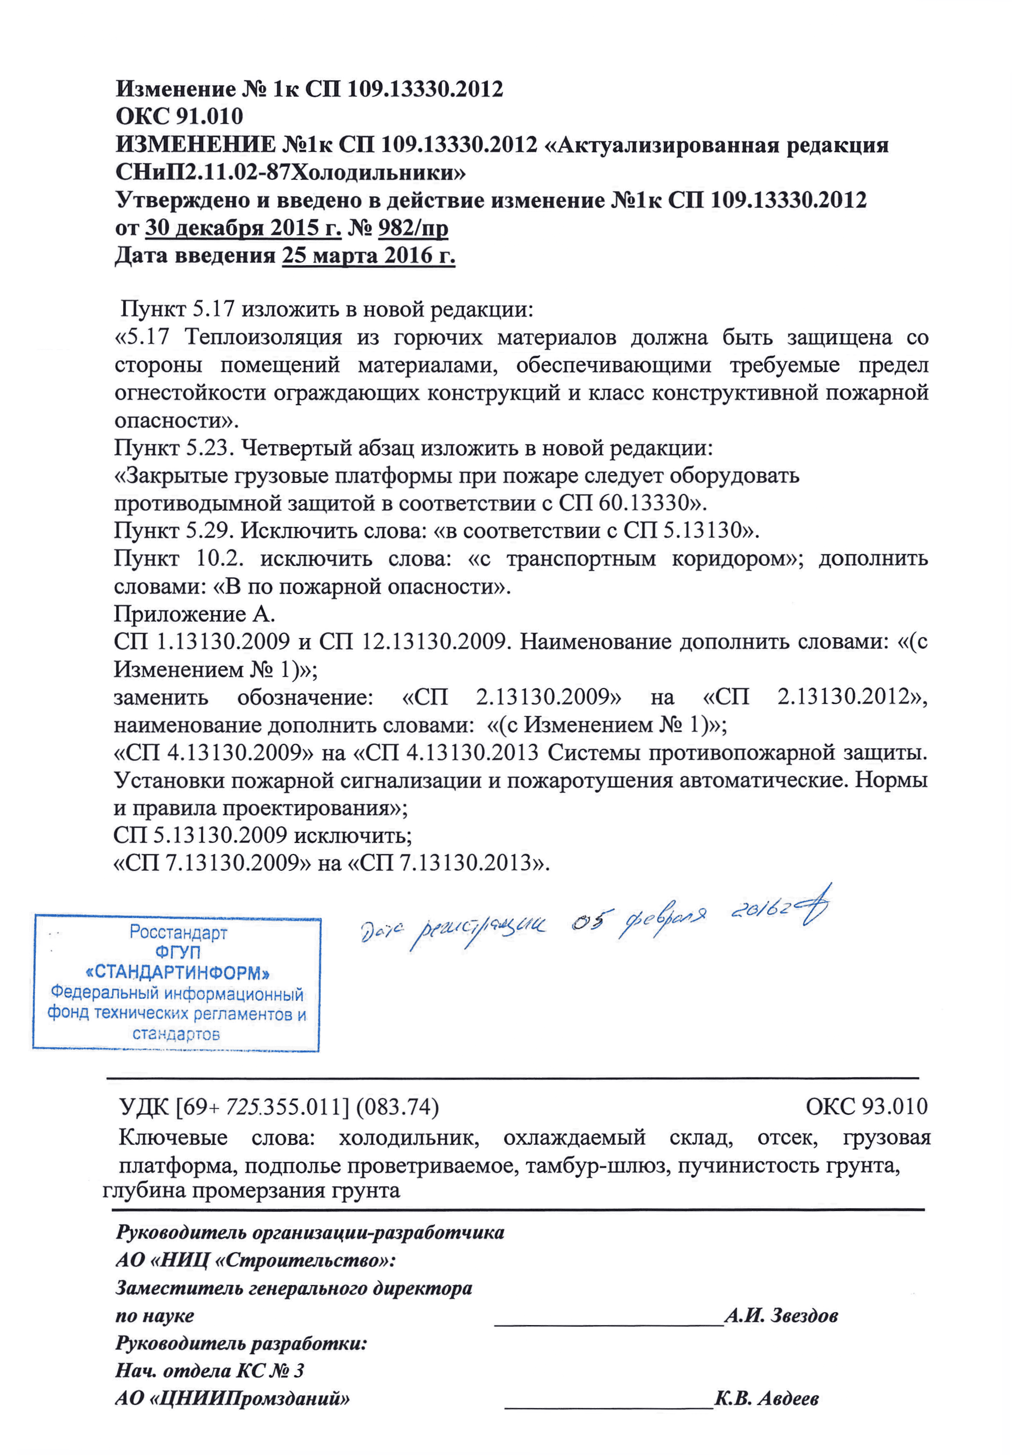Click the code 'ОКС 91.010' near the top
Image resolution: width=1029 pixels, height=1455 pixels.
tap(179, 117)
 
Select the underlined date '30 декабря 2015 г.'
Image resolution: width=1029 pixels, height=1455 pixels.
tap(243, 228)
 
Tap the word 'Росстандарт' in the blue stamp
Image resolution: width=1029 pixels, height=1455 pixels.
tap(178, 932)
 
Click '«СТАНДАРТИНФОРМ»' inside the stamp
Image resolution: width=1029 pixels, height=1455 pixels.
tap(178, 973)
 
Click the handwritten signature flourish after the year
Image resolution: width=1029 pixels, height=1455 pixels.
tap(814, 907)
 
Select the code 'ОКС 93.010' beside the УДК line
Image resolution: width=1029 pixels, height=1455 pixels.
tap(866, 1106)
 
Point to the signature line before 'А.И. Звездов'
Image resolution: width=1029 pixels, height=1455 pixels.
tap(608, 1323)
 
